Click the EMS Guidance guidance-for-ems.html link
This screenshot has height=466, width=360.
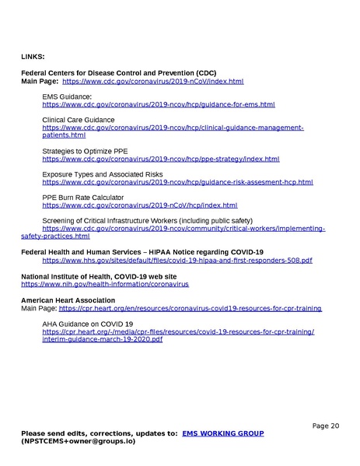click(x=159, y=104)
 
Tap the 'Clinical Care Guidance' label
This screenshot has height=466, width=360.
click(x=78, y=120)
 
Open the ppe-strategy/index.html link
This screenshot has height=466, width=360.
click(x=160, y=159)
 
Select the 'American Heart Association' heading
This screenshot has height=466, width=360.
click(x=68, y=300)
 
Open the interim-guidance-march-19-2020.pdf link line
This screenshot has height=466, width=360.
click(x=102, y=340)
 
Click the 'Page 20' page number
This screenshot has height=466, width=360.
click(x=326, y=426)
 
